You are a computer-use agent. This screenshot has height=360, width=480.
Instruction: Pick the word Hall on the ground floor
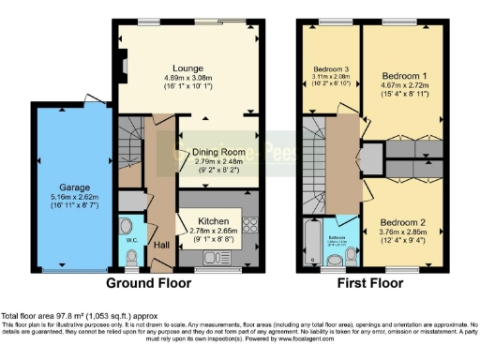coord(161,244)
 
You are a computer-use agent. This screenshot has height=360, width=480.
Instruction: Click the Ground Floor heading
coord(142,282)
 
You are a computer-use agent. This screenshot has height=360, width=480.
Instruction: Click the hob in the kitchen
coord(249,225)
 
